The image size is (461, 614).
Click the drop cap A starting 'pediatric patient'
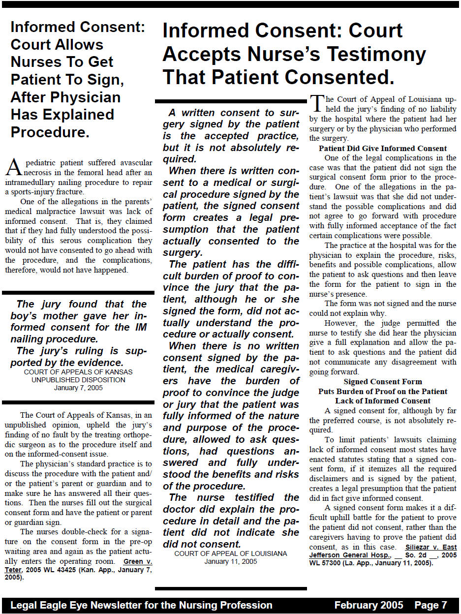click(x=13, y=167)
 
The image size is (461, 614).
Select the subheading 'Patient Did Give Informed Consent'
click(x=383, y=149)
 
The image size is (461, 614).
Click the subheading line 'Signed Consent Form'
click(x=383, y=382)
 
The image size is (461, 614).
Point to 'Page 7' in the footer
click(x=430, y=605)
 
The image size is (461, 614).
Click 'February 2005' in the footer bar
click(x=369, y=605)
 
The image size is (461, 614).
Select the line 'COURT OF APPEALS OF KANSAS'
click(x=78, y=372)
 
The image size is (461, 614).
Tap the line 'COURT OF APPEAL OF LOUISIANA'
click(x=231, y=553)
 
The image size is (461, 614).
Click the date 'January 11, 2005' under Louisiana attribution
click(x=231, y=561)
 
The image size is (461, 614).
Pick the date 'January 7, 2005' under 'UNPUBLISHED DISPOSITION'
click(x=78, y=388)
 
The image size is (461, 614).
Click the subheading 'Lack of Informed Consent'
click(x=383, y=401)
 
